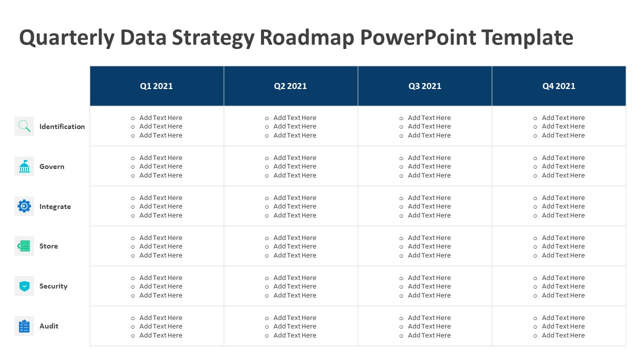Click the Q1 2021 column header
156,86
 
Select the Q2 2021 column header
290,86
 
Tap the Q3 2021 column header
424,86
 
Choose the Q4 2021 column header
558,86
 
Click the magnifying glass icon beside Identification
24,126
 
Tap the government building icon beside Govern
24,166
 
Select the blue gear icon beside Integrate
24,206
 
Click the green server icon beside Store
24,246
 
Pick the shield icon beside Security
24,286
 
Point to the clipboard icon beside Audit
24,326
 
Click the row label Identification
62,126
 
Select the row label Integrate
55,206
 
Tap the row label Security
53,286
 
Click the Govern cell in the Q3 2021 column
425,166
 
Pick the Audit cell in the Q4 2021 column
559,326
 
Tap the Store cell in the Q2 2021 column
291,246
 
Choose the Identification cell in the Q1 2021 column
157,126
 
